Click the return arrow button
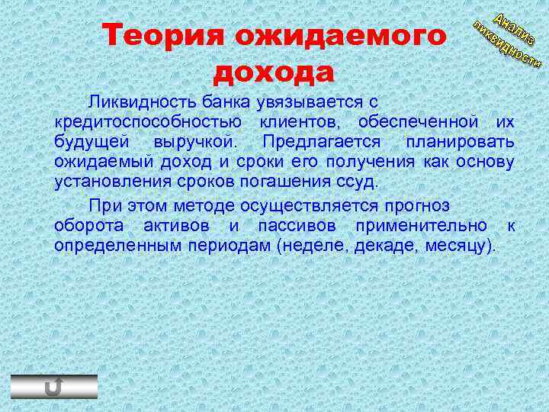coord(53,387)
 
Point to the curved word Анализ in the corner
coord(513,28)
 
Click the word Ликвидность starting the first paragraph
coord(140,101)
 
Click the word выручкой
coord(196,143)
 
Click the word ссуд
coord(359,183)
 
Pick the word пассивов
coord(300,226)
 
